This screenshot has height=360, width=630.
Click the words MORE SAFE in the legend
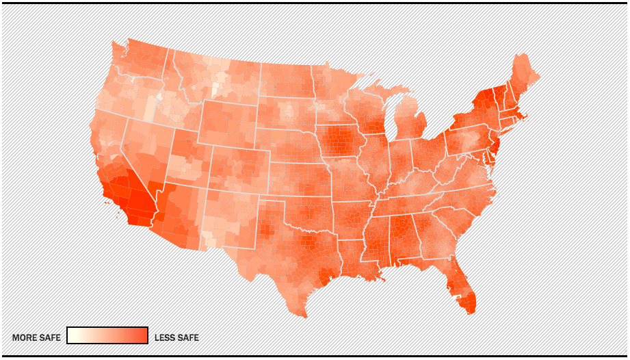[36, 337]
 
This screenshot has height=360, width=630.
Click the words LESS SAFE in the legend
[176, 337]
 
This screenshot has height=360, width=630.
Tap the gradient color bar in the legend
[107, 335]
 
